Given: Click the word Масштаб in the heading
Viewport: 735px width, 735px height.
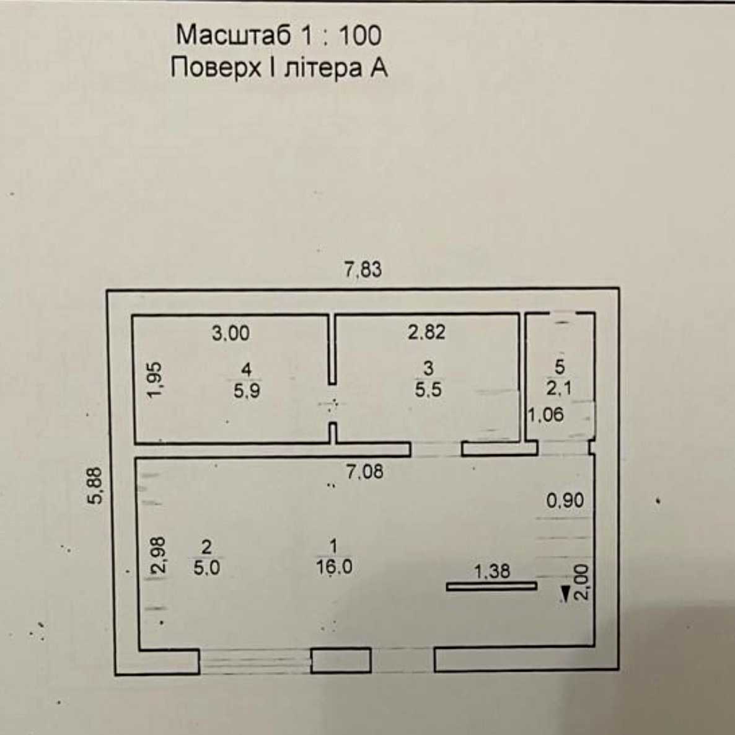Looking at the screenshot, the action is (234, 35).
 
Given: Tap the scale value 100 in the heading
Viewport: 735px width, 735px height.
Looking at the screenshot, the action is (359, 35).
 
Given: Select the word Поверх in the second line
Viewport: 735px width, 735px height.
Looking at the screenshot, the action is (215, 68).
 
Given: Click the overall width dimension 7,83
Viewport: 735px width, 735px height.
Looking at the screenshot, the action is (363, 270).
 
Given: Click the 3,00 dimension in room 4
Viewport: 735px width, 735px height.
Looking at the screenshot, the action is (231, 333).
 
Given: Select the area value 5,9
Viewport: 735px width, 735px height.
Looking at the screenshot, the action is (247, 390).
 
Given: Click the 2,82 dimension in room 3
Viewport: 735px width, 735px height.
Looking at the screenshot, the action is (426, 332).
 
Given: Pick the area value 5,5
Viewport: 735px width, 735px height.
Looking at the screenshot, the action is (428, 390).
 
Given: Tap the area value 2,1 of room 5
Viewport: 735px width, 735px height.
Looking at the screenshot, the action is (559, 388).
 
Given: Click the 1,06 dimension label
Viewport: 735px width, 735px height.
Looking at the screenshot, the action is (545, 415).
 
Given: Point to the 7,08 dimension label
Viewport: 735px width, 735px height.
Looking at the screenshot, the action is (364, 472).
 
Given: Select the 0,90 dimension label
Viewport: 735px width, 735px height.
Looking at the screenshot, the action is (565, 501).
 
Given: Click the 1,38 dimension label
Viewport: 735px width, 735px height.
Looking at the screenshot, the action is (491, 571).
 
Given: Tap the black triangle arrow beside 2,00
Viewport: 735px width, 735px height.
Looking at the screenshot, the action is (565, 594).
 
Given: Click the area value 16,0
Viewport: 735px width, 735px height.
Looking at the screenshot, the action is (334, 568).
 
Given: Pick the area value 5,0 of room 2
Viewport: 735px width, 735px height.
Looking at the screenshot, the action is (207, 568).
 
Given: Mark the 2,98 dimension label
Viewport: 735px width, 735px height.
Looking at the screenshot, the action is (159, 555).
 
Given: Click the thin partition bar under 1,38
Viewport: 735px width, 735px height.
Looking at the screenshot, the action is (491, 586).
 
